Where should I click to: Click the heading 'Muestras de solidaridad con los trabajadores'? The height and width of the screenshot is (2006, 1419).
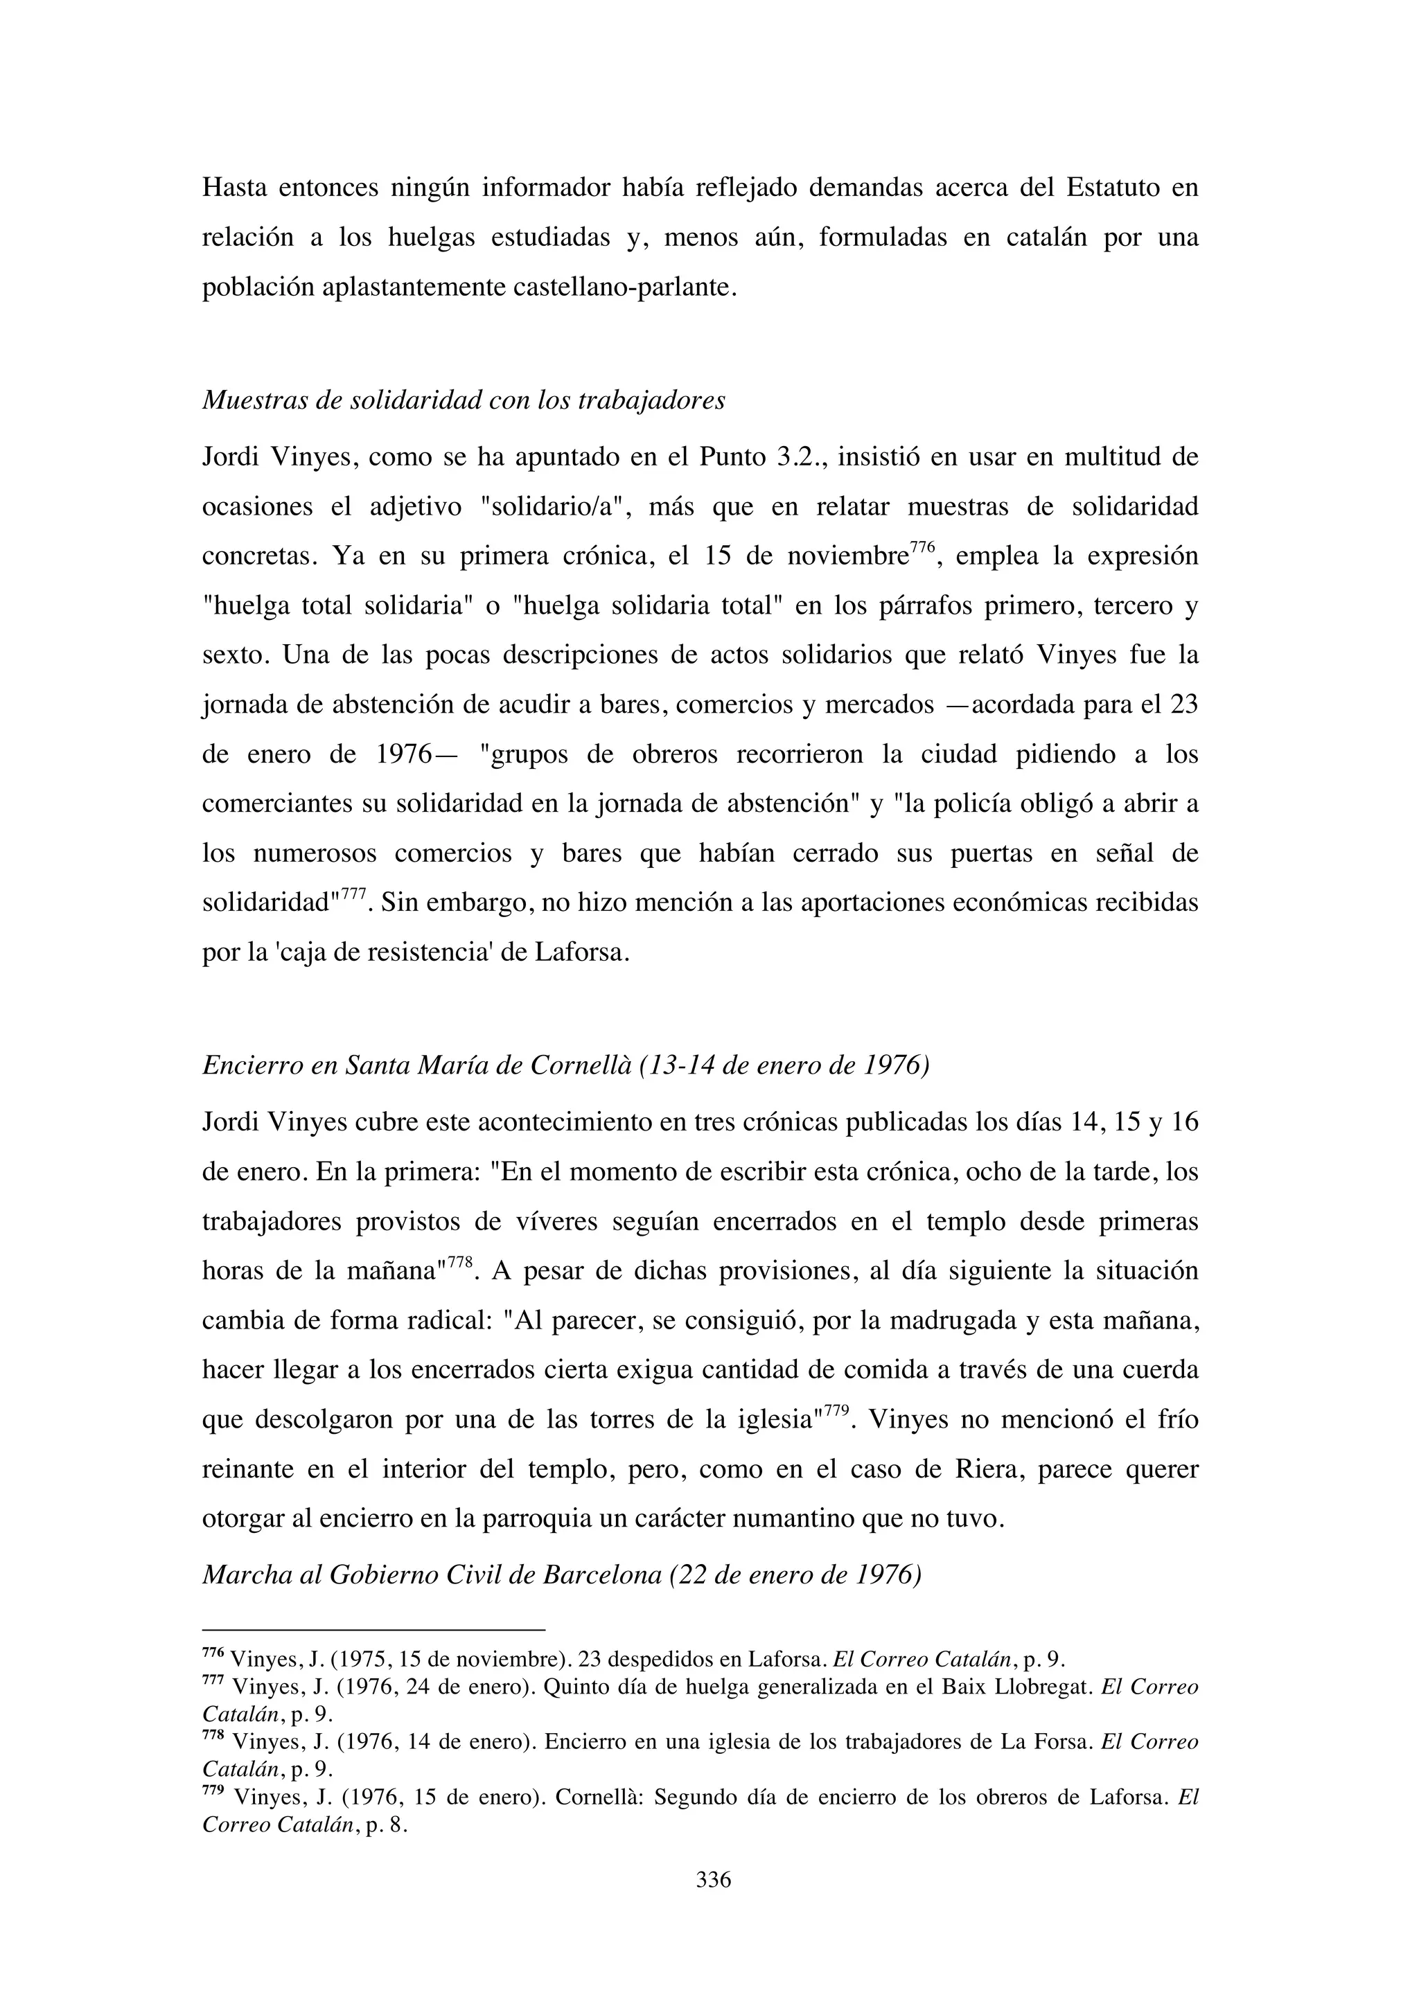[x=464, y=400]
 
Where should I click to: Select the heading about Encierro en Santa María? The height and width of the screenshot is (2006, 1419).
[x=565, y=1066]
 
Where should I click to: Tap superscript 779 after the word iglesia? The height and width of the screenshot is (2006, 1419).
[x=837, y=1411]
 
